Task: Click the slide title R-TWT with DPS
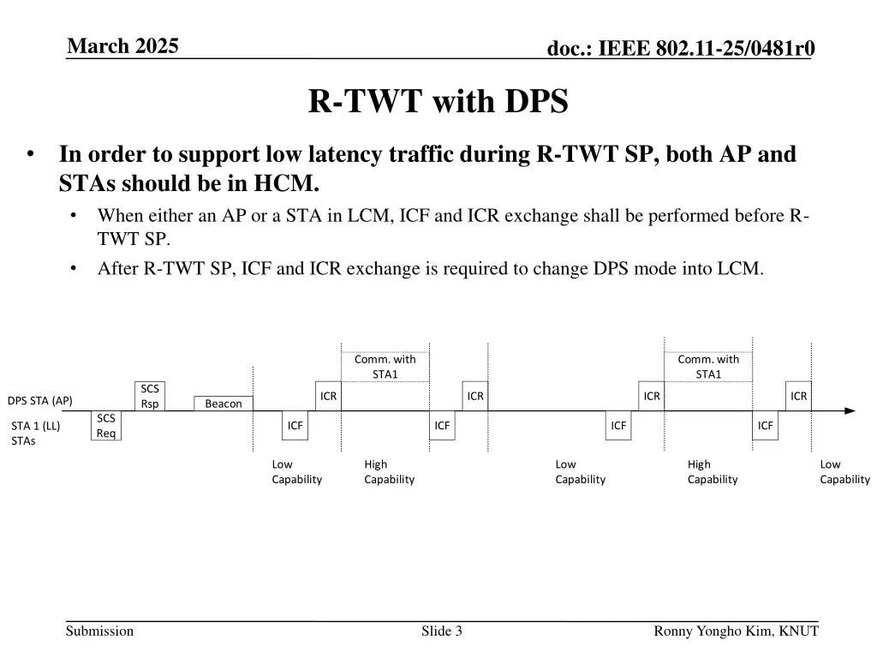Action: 438,102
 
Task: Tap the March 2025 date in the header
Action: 122,46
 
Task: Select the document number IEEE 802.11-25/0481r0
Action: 681,51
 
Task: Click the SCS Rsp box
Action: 150,396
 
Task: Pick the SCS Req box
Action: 106,425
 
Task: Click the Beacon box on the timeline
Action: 224,404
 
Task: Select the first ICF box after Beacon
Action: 295,425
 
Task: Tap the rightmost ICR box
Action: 799,396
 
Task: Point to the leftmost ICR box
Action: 328,396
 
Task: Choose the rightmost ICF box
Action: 765,425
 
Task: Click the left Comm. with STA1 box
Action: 385,367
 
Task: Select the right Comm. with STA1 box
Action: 708,367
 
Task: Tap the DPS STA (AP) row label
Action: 40,400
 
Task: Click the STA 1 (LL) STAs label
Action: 35,434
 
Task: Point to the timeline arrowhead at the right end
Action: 850,411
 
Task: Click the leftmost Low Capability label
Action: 296,472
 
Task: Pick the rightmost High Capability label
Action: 712,472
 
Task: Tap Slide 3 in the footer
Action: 442,631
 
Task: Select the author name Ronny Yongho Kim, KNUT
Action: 736,631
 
